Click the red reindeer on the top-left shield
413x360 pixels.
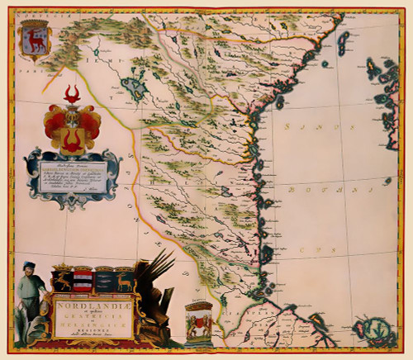35,40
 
